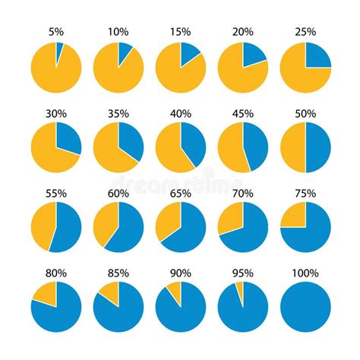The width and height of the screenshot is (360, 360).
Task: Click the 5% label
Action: (56, 33)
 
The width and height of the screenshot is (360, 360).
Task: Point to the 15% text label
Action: (181, 33)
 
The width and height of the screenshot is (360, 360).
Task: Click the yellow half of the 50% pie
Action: (292, 147)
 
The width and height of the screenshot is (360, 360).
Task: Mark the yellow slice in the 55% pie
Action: (44, 224)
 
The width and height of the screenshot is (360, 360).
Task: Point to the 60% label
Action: (118, 194)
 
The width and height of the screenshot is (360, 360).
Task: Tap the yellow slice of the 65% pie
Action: (169, 218)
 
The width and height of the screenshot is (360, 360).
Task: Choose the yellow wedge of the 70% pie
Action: (232, 216)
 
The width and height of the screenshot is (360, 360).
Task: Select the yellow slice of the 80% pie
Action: (46, 292)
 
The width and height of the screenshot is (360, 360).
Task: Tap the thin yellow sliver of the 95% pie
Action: (240, 287)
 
